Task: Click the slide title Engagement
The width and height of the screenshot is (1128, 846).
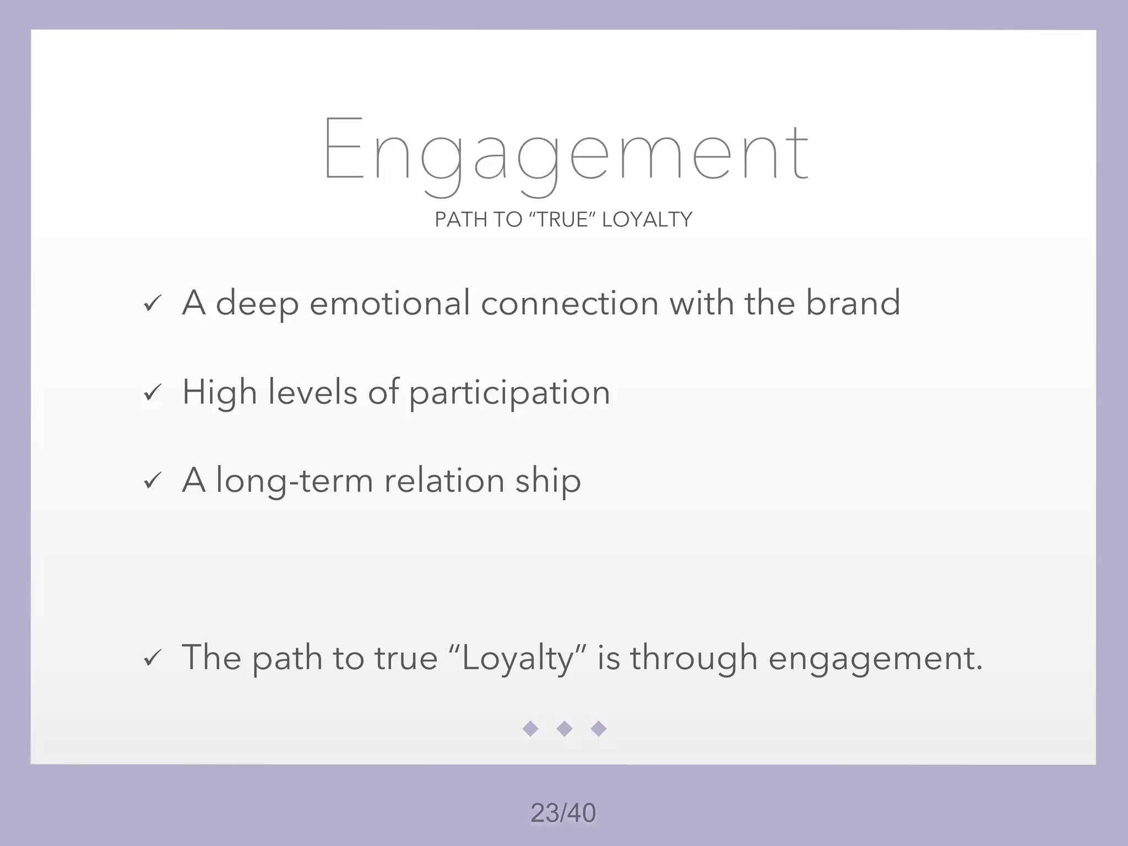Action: tap(566, 150)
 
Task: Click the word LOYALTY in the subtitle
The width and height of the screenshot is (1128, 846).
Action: tap(647, 220)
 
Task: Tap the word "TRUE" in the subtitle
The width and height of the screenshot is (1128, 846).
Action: tap(562, 220)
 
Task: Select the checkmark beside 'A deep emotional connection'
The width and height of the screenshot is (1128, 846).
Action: tap(152, 304)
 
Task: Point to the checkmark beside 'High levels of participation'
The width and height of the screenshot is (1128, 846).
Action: tap(152, 393)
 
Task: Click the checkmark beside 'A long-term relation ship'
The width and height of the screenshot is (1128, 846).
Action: tap(152, 481)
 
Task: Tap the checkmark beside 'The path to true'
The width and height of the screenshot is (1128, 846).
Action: tap(152, 658)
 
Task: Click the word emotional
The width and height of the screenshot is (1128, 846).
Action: tap(389, 303)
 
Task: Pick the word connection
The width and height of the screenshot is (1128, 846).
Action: tap(570, 303)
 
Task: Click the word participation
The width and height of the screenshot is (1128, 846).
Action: tap(509, 393)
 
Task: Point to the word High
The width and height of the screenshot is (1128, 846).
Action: tap(220, 393)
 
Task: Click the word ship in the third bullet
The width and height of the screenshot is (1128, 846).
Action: tap(548, 481)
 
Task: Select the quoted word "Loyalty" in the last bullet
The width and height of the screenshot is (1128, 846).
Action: tap(518, 658)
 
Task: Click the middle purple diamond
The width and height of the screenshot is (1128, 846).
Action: tap(565, 729)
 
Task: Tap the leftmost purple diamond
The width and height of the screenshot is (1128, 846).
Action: tap(530, 729)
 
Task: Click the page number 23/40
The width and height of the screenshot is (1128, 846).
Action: tap(563, 813)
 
